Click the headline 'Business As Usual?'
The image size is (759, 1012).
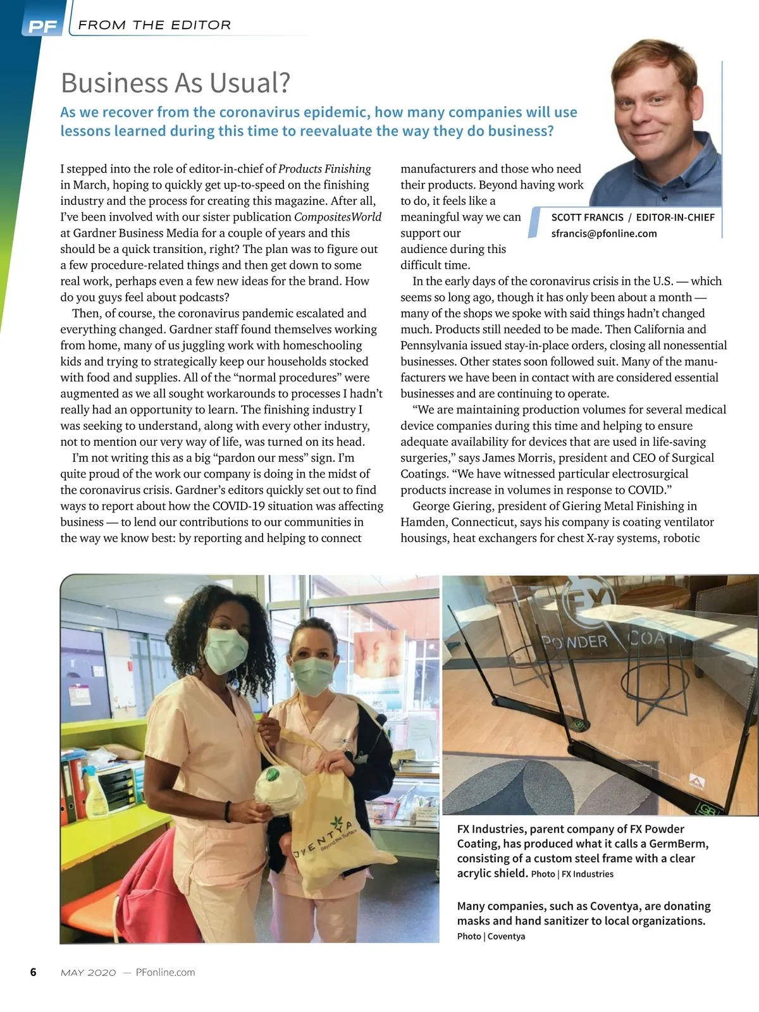(175, 83)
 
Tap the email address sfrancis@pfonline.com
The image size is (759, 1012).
(603, 233)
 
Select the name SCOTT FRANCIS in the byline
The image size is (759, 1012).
(587, 218)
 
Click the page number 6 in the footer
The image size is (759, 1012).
(34, 972)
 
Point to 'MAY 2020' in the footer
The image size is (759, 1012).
(88, 973)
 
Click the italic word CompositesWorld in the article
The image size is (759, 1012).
(338, 217)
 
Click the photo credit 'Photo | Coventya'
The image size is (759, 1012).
(491, 936)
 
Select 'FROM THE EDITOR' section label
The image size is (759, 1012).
(154, 25)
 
